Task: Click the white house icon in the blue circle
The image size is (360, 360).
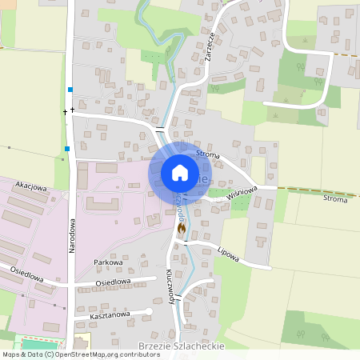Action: (179, 172)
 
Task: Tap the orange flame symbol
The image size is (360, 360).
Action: (182, 229)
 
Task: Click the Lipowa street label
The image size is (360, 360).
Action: (228, 254)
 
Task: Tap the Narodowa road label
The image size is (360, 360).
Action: (70, 238)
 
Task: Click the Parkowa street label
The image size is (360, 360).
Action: (108, 262)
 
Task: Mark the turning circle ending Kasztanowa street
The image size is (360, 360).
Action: (149, 311)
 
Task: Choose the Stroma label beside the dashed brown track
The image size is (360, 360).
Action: (335, 198)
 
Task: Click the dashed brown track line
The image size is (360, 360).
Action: (320, 190)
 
